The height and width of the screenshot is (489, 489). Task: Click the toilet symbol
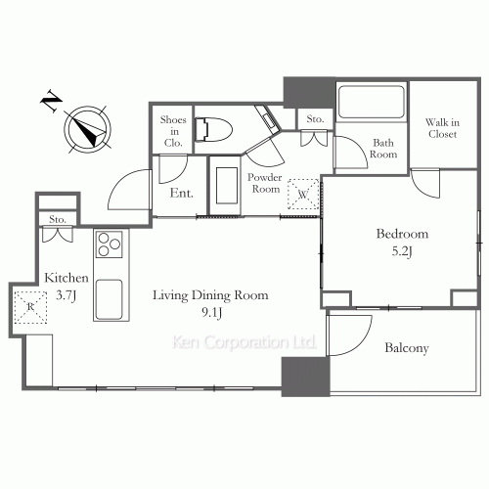(213, 129)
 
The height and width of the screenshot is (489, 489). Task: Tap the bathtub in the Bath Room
(372, 102)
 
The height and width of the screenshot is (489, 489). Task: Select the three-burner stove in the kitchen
(110, 244)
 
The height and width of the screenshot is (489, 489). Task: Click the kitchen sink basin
(110, 299)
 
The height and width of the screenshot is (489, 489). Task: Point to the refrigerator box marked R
(30, 307)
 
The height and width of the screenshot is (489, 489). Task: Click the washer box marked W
(303, 194)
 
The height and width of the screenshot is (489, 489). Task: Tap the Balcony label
(407, 348)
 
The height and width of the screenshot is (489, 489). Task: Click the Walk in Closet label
(442, 128)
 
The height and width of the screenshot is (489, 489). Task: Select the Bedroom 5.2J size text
(402, 251)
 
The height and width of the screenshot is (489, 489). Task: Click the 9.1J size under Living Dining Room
(212, 312)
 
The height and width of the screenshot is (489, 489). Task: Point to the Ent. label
(182, 193)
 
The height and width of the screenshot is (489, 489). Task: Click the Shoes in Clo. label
(173, 131)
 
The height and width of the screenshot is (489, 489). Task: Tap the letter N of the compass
(52, 100)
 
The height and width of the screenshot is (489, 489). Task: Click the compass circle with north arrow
(87, 129)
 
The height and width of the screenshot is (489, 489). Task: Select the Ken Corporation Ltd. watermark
(244, 342)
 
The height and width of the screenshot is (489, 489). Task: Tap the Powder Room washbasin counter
(225, 186)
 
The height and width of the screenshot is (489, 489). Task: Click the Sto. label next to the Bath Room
(315, 119)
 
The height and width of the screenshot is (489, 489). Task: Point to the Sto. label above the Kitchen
(58, 219)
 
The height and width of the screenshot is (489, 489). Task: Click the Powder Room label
(265, 183)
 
